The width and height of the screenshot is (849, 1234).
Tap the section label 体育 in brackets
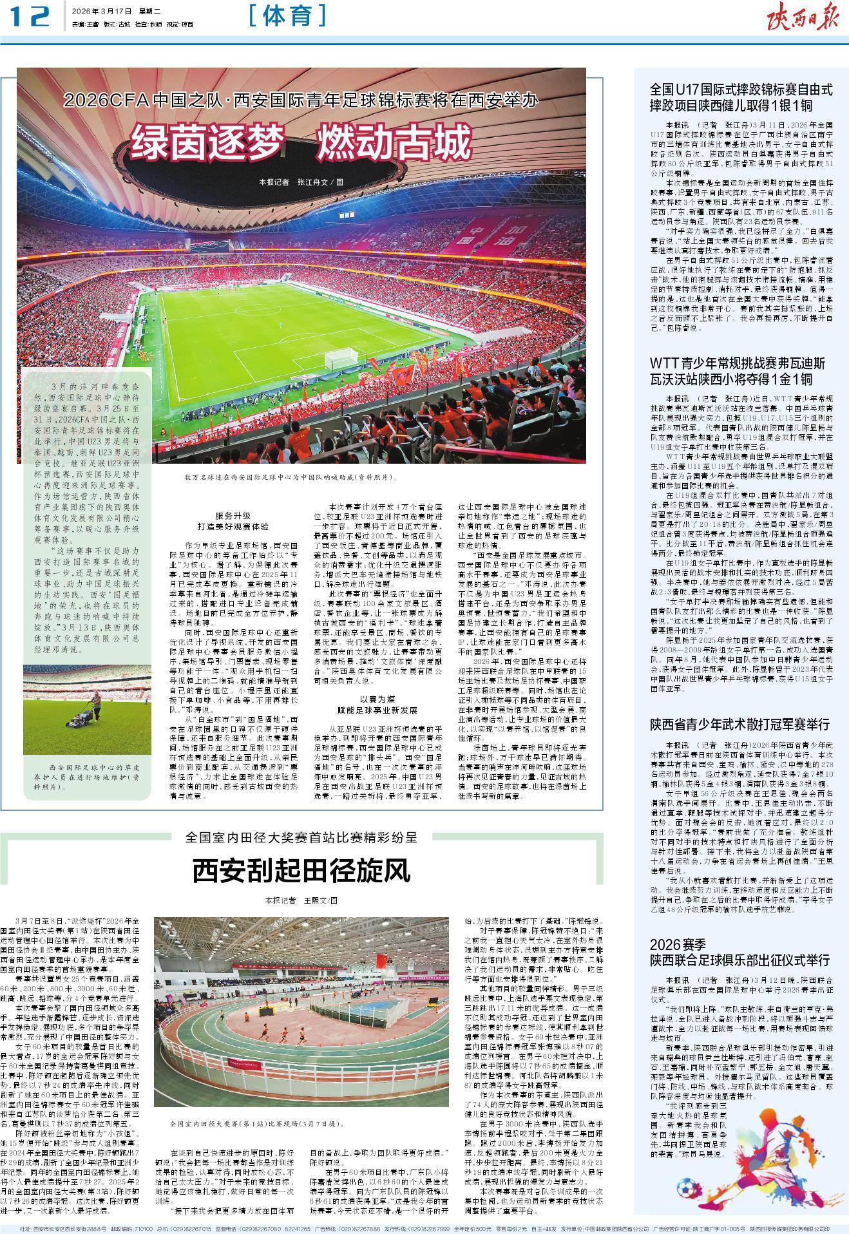(287, 16)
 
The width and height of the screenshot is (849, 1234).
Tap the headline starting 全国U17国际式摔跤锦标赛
(741, 97)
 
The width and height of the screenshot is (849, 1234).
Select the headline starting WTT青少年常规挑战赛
(738, 370)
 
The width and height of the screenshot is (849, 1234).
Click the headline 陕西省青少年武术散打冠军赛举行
(739, 724)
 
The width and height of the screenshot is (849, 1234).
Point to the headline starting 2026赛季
(739, 952)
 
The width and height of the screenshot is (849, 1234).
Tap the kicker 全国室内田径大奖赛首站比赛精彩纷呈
(301, 838)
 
